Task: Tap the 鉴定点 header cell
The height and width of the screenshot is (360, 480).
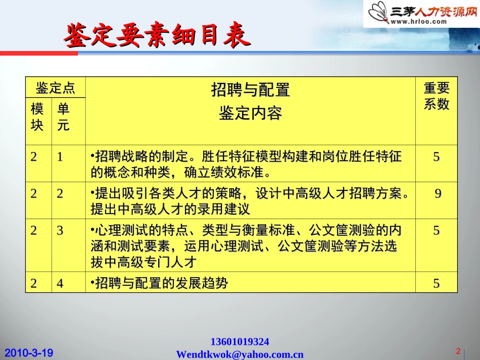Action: click(x=55, y=88)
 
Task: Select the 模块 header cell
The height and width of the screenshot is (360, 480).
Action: click(x=38, y=117)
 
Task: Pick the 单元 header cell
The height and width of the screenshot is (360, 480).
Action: click(x=64, y=117)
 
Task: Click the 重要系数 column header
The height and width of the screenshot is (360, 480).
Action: click(x=436, y=96)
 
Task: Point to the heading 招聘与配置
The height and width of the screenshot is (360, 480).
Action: click(x=250, y=90)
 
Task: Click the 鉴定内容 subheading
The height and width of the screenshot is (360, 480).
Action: click(x=250, y=113)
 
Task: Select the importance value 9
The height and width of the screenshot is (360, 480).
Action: click(x=438, y=194)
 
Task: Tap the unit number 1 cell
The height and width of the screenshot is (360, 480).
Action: click(x=60, y=157)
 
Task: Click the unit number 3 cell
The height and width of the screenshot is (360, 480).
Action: click(x=60, y=231)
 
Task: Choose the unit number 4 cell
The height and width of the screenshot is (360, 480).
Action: click(x=60, y=283)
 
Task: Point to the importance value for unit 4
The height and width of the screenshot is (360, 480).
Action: click(x=436, y=283)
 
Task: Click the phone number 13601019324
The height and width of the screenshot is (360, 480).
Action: click(x=239, y=342)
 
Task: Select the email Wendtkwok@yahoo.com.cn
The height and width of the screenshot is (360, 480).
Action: click(x=239, y=354)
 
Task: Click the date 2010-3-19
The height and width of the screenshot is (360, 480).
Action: click(x=29, y=352)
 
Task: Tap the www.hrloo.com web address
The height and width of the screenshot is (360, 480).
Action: click(x=418, y=21)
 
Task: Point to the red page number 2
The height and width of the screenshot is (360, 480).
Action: click(x=458, y=351)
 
